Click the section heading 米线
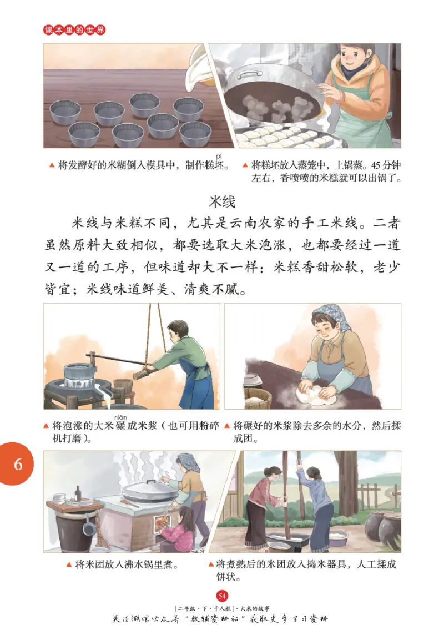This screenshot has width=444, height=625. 222,200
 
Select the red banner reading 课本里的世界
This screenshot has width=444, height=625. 74,29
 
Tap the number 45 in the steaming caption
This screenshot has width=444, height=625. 365,165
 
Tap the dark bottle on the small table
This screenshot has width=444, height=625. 78,493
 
